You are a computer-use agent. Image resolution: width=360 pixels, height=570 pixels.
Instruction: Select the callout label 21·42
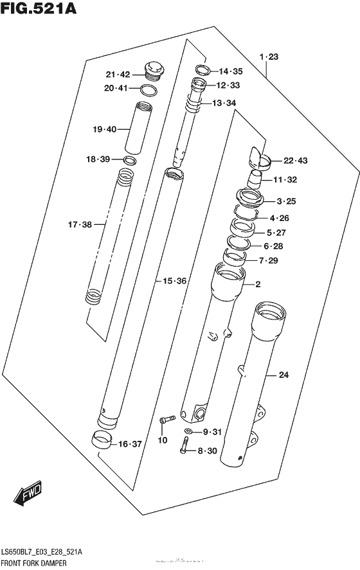click(x=119, y=73)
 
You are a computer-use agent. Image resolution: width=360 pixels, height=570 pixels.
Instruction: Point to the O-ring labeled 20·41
click(x=150, y=89)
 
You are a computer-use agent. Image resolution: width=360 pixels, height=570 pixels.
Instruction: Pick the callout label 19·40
click(x=104, y=129)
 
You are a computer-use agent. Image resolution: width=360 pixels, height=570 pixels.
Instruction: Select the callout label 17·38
click(x=80, y=224)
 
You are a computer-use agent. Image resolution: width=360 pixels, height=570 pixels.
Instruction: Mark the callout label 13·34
click(x=224, y=103)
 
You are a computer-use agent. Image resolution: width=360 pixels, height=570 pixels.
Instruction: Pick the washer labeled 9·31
click(x=188, y=431)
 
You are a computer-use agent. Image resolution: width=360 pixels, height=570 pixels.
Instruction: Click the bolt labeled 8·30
click(x=184, y=445)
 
